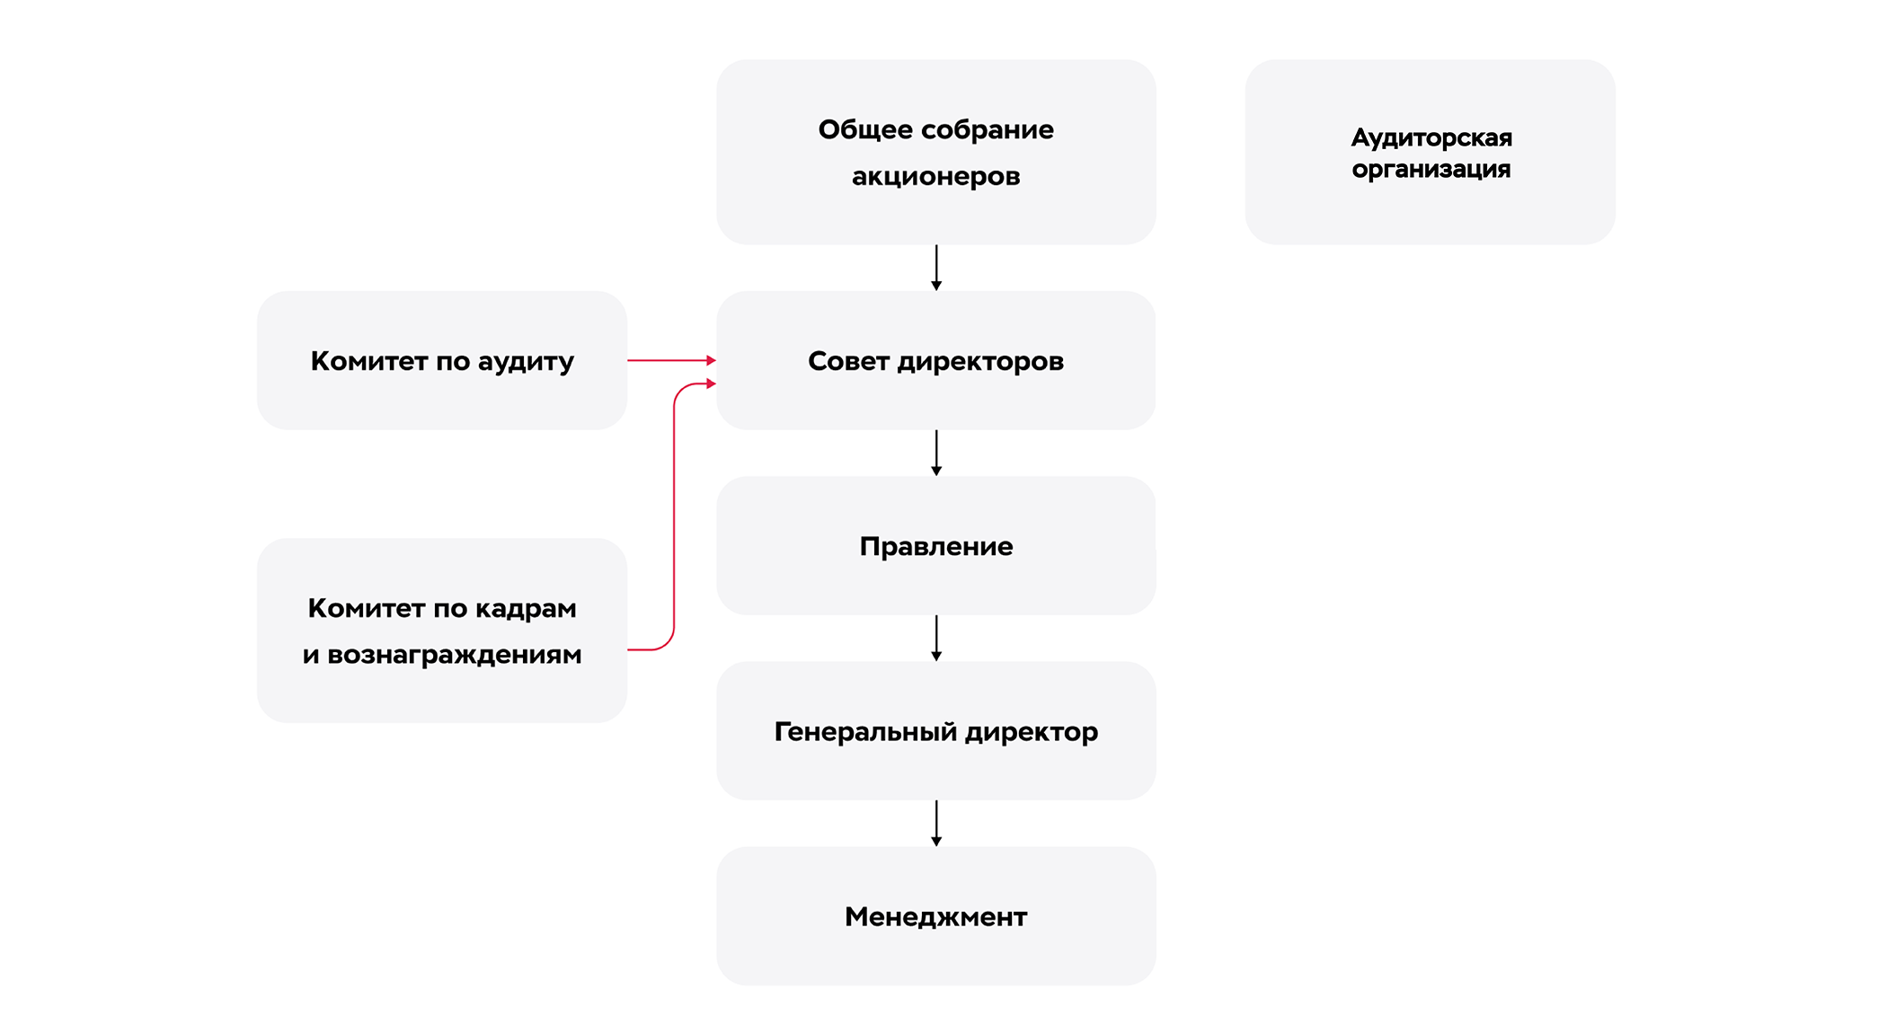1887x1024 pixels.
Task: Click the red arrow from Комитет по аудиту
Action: pos(669,360)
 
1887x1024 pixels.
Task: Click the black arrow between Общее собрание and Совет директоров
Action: pos(936,267)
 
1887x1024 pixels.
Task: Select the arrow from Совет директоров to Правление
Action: pos(936,452)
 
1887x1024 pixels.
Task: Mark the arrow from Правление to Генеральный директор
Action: pos(936,638)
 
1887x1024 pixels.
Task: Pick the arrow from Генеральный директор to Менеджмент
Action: pos(936,823)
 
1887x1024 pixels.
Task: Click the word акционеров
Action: pos(935,176)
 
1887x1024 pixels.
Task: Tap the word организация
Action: pos(1431,170)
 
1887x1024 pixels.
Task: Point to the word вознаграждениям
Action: pos(455,655)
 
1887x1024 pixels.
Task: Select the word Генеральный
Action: pos(864,732)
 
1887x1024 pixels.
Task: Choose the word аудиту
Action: pos(526,361)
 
